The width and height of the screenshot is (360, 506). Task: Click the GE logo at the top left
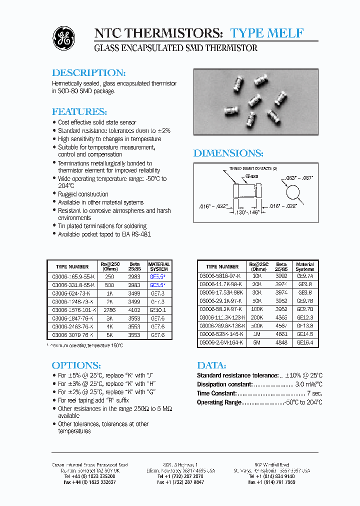64,38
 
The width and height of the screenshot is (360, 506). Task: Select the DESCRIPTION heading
88,72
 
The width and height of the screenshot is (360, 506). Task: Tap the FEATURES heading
79,111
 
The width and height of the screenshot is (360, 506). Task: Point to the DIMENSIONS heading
228,153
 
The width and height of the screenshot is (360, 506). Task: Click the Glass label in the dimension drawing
251,176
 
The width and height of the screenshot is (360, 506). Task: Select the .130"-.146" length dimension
247,212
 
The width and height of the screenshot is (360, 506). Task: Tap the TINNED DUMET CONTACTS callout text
252,169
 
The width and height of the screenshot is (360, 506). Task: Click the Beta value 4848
281,342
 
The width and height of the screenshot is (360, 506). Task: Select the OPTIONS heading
76,365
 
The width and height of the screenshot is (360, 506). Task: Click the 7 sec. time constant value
314,393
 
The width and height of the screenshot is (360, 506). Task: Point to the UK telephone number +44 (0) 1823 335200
89,476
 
